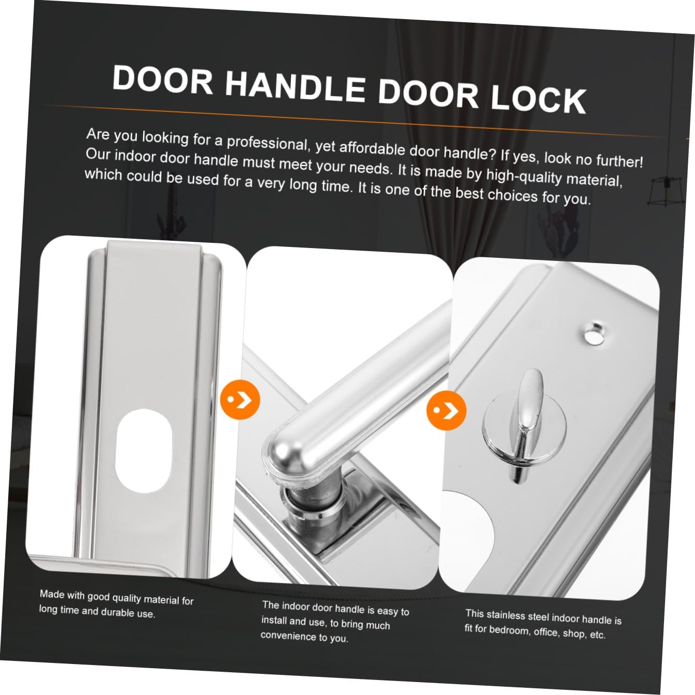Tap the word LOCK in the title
(x=537, y=99)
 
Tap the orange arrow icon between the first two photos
(x=239, y=399)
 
